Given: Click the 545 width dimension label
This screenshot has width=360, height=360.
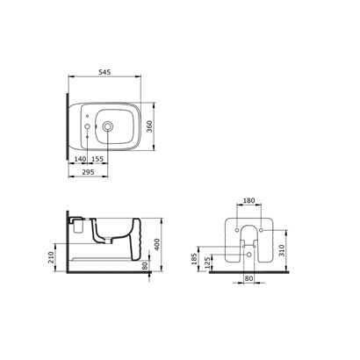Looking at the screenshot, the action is tap(104, 72).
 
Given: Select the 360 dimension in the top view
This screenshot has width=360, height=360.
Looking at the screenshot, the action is tap(149, 126).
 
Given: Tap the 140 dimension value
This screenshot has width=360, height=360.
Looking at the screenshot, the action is tap(80, 159).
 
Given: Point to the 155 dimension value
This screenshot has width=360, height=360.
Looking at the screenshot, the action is tap(97, 159).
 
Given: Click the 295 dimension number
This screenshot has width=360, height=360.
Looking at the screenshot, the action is tap(88, 172).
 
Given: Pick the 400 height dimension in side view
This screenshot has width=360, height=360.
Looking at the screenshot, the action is tap(157, 244).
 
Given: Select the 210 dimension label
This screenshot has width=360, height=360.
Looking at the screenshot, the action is tap(52, 257).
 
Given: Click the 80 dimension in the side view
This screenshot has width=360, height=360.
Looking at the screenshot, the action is tap(145, 266).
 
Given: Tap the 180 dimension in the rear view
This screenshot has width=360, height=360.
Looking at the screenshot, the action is tap(249, 201).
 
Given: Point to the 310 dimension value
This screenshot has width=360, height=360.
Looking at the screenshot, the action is tap(282, 250).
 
